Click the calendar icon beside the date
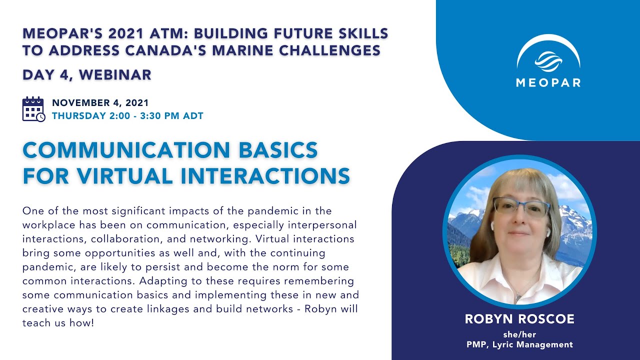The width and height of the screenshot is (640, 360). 33,109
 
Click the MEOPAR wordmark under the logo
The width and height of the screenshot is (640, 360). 548,82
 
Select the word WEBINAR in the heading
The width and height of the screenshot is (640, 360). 115,75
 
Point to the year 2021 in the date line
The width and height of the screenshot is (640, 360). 137,103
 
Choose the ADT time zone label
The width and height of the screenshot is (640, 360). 193,116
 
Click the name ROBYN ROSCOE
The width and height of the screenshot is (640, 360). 519,319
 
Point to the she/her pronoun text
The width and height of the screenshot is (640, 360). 519,334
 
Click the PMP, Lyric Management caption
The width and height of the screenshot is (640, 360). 519,344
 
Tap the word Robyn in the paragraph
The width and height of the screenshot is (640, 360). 315,309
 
